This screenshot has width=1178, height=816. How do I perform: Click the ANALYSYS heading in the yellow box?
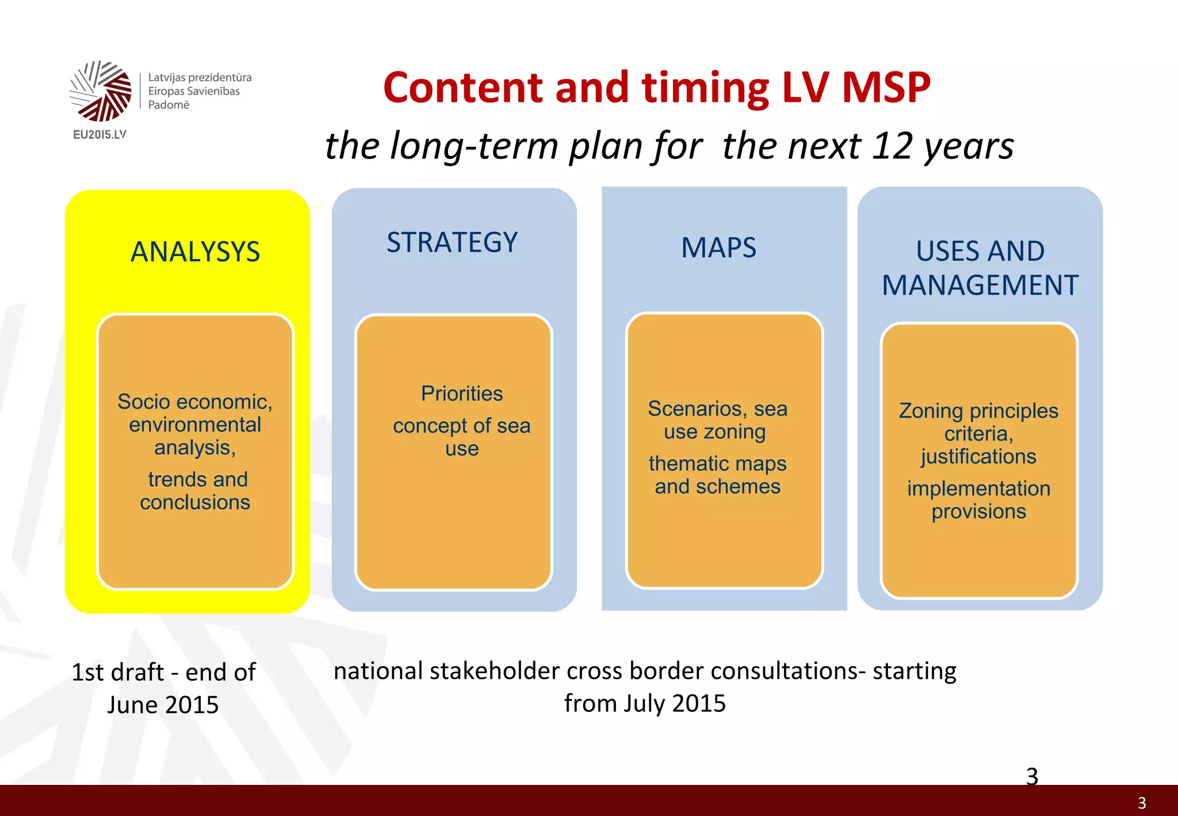(x=195, y=252)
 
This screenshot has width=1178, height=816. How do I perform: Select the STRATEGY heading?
(x=452, y=242)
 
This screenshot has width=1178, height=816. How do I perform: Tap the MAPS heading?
(x=718, y=248)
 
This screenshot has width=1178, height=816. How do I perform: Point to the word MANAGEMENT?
(x=980, y=285)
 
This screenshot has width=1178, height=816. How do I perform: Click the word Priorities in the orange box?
(x=462, y=394)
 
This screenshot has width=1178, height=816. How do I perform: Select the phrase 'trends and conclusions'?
(x=196, y=491)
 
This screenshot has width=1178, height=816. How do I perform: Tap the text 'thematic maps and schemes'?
(x=717, y=475)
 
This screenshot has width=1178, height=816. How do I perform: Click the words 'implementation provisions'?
(x=978, y=500)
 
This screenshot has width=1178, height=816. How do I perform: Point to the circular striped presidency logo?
(x=101, y=91)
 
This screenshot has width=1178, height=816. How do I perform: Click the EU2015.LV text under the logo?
(x=100, y=135)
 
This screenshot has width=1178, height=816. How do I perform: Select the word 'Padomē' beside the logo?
(x=169, y=105)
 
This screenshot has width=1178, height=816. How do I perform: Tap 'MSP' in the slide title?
(x=886, y=87)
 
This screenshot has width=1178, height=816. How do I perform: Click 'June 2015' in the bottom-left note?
(x=163, y=705)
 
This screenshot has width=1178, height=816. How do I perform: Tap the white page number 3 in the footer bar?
(x=1142, y=803)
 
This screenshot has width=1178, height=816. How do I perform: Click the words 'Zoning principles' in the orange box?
(x=978, y=411)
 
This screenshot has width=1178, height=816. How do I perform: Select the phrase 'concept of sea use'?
(x=462, y=437)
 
